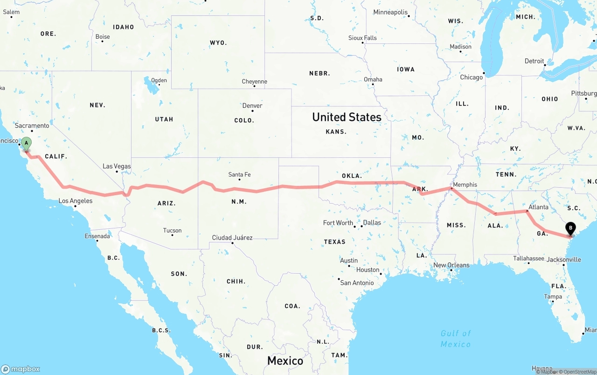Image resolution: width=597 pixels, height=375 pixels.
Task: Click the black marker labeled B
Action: (x=570, y=229)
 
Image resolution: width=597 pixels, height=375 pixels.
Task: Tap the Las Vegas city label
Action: (x=117, y=166)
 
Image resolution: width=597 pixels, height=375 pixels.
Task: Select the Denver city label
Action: (x=252, y=106)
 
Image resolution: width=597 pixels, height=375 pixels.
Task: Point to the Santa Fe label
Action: (x=239, y=175)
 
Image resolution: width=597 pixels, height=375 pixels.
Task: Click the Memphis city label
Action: (x=465, y=184)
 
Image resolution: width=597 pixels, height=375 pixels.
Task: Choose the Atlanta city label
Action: (x=538, y=207)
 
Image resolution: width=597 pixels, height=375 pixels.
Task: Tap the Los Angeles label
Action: (x=76, y=201)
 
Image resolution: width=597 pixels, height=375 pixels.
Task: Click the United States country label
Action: (x=347, y=117)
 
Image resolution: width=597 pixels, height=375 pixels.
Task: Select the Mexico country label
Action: (x=285, y=361)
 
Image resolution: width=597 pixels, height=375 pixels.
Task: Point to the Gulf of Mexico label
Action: (x=456, y=339)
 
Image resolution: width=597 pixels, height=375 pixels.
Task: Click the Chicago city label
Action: (x=472, y=77)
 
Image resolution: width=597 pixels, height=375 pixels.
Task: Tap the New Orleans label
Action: (x=451, y=265)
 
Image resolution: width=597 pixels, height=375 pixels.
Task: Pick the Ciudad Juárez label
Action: (x=232, y=238)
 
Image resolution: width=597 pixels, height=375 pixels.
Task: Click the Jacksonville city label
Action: (x=564, y=260)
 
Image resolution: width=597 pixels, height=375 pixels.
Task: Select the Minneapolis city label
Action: (x=390, y=12)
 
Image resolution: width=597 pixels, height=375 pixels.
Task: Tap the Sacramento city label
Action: (x=32, y=126)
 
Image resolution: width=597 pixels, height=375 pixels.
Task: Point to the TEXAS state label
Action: (x=335, y=241)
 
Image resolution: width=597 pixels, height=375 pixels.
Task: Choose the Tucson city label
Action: (x=172, y=230)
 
